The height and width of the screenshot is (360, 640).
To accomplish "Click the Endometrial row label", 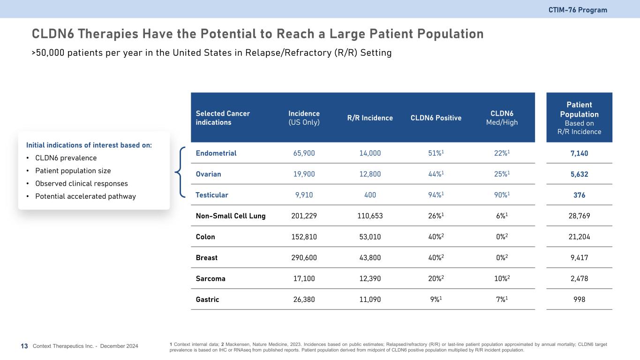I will point(216,153).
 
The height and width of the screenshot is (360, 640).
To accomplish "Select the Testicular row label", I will point(212,195).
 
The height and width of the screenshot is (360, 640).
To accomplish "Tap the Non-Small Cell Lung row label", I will point(231,216).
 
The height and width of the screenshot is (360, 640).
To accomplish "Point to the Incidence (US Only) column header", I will point(304,118).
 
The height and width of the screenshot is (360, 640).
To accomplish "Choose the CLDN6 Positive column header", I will point(436,118).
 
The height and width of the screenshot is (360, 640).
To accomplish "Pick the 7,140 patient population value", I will point(579,153).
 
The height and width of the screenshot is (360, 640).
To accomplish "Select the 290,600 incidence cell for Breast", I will point(304,258).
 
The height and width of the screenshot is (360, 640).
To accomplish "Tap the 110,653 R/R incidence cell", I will point(370,216).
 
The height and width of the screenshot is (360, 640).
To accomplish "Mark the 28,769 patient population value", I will point(579,216).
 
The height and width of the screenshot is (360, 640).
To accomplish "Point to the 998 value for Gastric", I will point(579,300).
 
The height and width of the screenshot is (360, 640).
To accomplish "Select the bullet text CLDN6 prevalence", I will point(66,158).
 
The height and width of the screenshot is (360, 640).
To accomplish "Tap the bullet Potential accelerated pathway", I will point(85,196).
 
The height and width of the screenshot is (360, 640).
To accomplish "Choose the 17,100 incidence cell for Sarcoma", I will point(304,279).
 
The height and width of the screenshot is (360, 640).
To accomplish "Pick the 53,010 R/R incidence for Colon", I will point(370,237).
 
